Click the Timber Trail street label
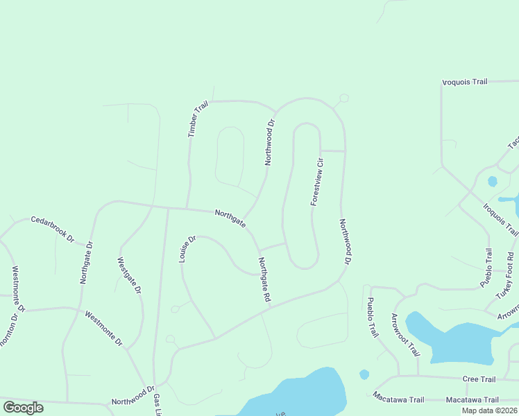[198, 119]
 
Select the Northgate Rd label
[264, 279]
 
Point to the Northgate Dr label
[86, 263]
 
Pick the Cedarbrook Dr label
[52, 228]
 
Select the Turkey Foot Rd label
[509, 277]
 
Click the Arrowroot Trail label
[405, 333]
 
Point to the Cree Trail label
[479, 379]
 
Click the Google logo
[23, 408]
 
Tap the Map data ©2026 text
[489, 410]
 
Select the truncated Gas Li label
[158, 405]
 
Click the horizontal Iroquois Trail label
[465, 82]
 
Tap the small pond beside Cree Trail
[364, 374]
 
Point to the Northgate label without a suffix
[230, 218]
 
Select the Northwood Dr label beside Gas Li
[133, 397]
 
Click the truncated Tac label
[513, 140]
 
